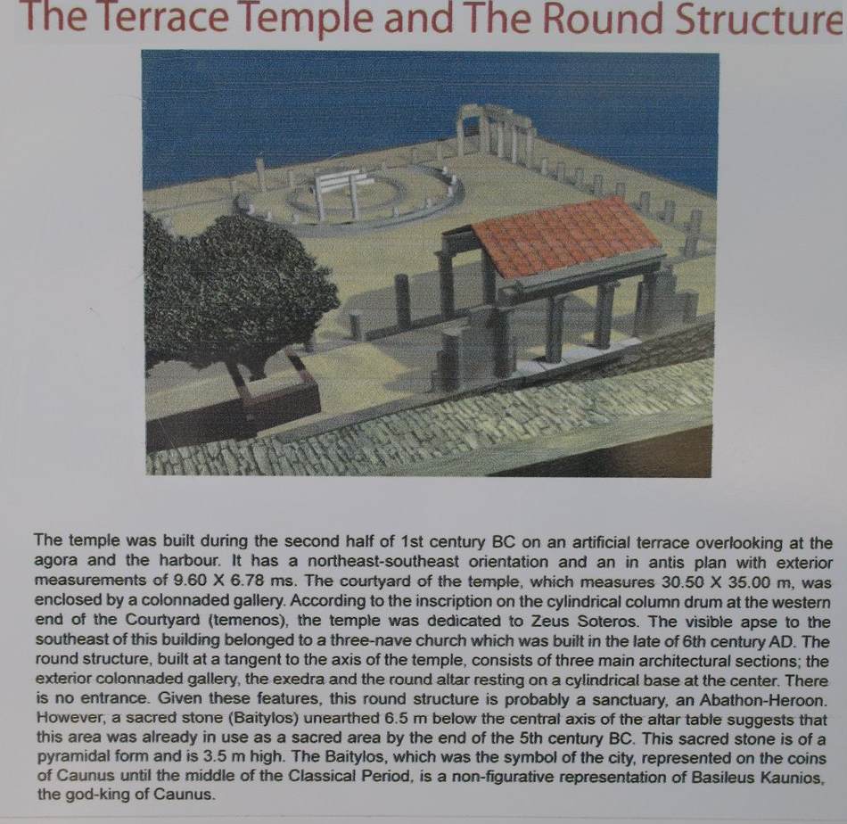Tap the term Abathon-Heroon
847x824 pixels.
(x=762, y=700)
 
